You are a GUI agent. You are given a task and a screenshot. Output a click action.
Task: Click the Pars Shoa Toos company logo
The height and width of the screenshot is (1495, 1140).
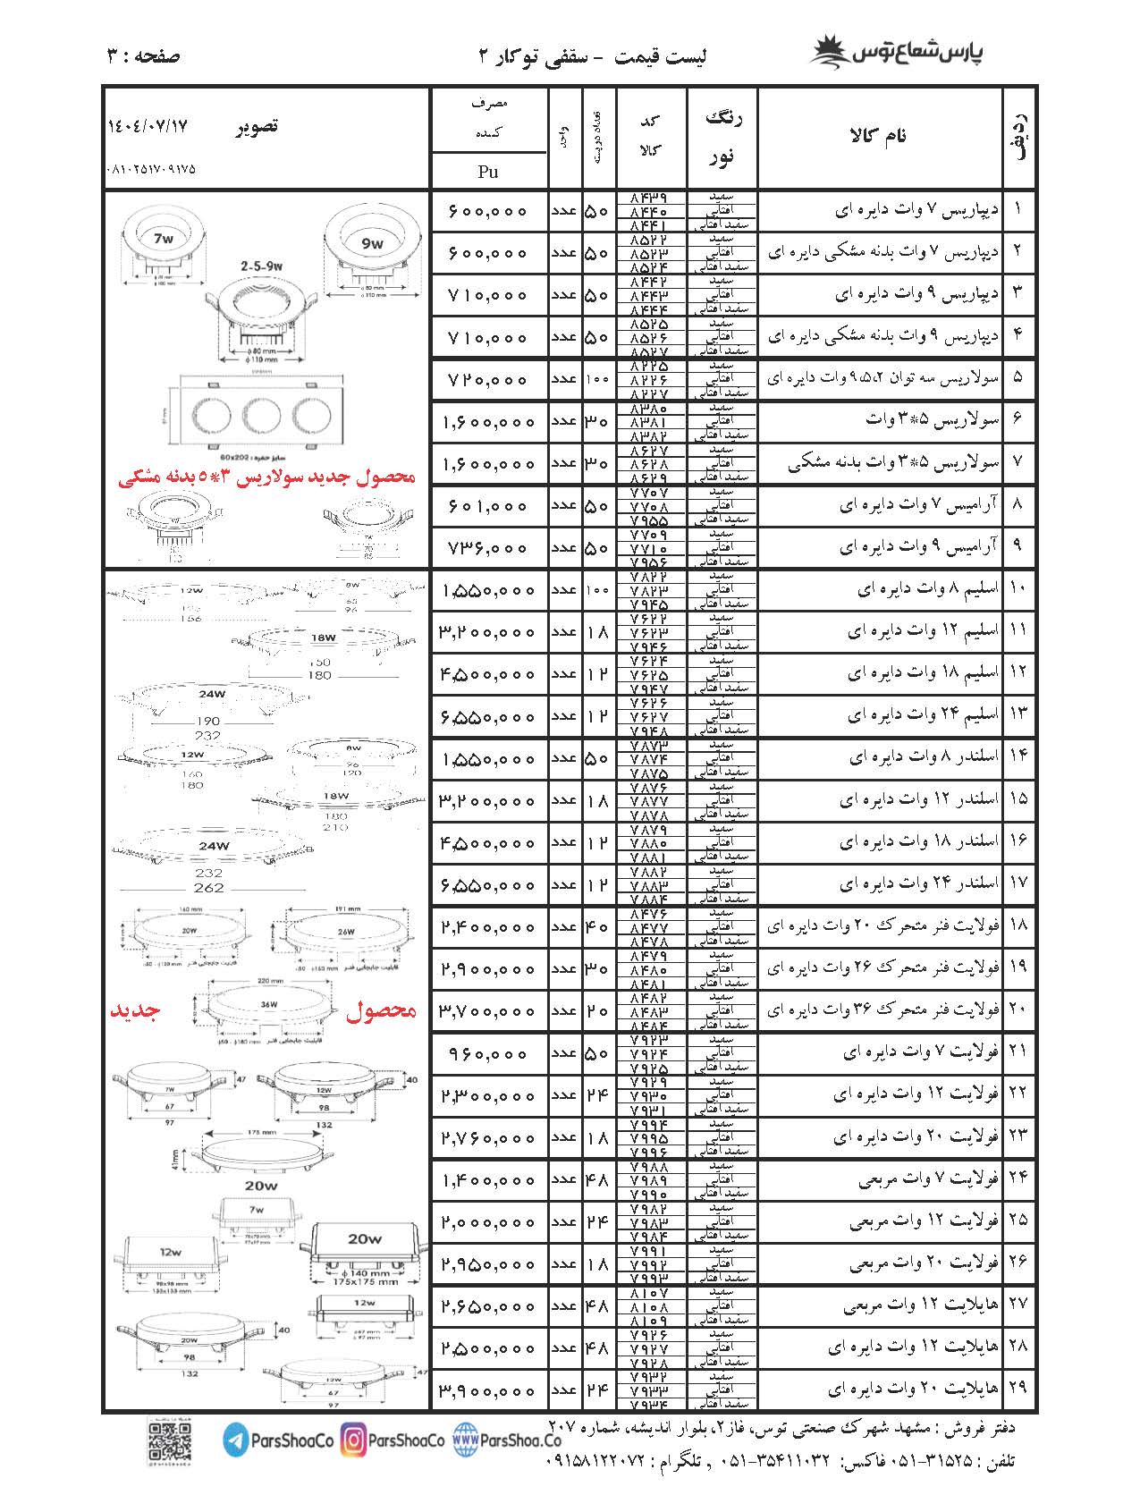tap(907, 51)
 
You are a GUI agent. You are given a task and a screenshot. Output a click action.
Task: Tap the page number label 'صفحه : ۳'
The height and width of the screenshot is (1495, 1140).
tap(143, 55)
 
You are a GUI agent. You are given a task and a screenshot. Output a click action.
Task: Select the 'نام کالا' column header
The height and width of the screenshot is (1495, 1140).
tap(881, 136)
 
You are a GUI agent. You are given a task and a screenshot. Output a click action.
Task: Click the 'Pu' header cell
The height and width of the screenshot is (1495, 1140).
tap(488, 172)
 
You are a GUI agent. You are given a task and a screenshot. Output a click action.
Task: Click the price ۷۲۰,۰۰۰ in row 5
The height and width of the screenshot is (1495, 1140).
tap(488, 380)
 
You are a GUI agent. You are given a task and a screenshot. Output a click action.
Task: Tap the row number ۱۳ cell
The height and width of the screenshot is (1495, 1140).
tap(1018, 714)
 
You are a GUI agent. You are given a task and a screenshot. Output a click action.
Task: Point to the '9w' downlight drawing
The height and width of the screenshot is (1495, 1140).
tap(372, 242)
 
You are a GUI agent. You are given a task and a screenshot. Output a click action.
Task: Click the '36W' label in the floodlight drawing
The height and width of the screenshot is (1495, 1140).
tap(269, 1004)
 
